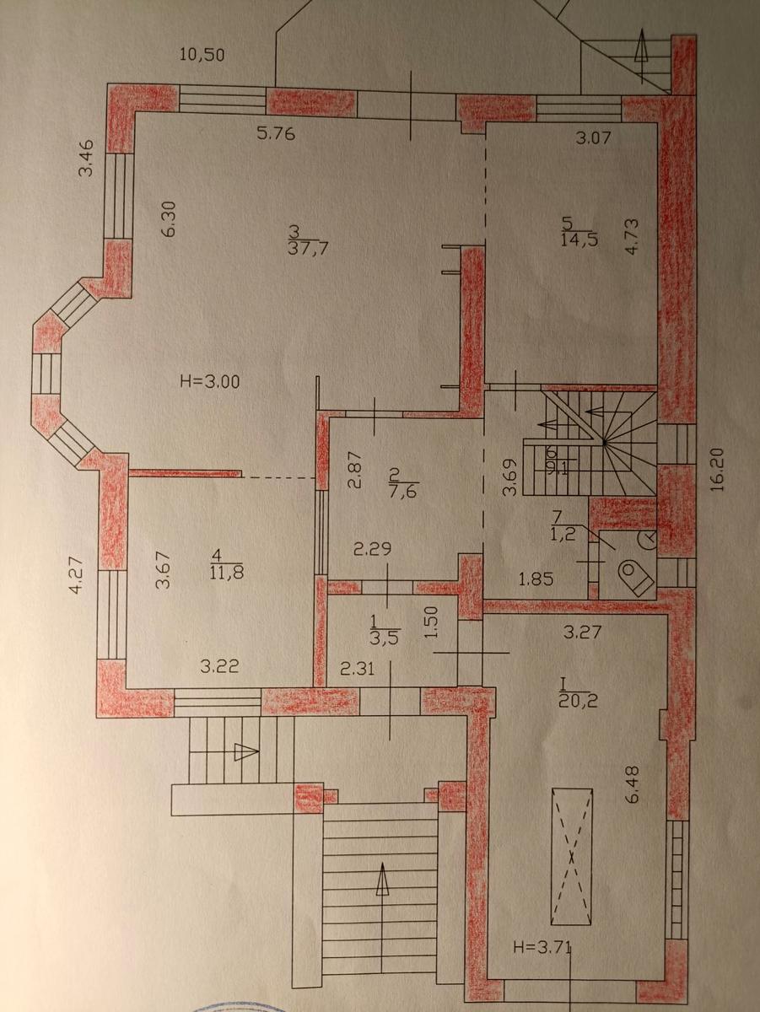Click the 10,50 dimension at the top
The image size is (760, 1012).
tap(202, 55)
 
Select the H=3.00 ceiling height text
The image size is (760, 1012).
tap(210, 382)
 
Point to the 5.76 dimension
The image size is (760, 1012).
tap(276, 134)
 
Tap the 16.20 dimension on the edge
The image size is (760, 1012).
tap(718, 470)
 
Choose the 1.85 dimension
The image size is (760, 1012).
tap(536, 579)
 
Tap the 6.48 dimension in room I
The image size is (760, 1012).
tap(633, 784)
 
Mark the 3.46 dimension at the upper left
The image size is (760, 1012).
tap(86, 158)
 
